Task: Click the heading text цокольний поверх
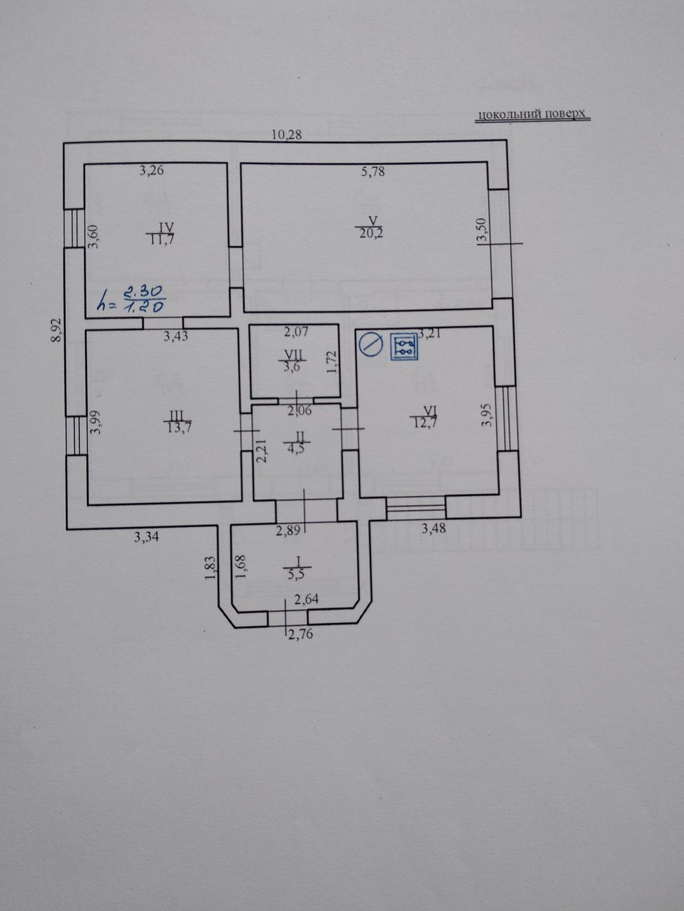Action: point(532,114)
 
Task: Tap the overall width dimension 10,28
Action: point(287,135)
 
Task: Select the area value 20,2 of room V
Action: point(371,233)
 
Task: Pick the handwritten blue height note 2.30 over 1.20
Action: point(131,299)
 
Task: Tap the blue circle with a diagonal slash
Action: point(371,344)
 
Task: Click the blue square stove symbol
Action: point(403,346)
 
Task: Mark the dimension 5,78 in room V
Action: point(373,171)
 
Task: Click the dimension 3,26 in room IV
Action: point(152,170)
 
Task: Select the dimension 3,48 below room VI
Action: point(434,528)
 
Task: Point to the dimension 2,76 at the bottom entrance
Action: point(300,634)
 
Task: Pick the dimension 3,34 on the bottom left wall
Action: point(147,537)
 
